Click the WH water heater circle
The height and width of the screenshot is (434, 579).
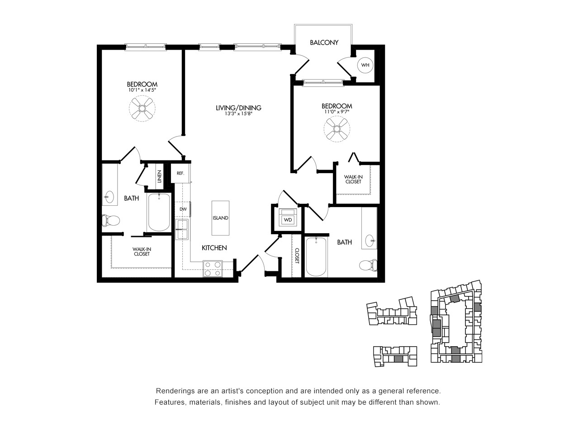(365, 65)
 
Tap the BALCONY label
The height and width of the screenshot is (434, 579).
(324, 42)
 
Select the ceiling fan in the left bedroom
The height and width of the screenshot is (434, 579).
(142, 108)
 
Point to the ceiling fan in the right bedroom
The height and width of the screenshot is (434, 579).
(337, 129)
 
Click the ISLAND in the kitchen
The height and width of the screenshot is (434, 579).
(220, 218)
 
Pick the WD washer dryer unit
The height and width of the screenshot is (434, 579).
(288, 217)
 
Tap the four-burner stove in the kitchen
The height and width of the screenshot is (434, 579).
(213, 269)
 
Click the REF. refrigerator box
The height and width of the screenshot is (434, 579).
(180, 174)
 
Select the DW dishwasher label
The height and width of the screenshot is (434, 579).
(183, 209)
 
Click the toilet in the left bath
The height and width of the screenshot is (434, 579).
(111, 221)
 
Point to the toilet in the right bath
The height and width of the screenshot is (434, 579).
(369, 265)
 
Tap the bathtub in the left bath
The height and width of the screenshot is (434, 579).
(159, 212)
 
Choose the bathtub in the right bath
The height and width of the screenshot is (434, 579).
(316, 257)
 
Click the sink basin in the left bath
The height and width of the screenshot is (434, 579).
(109, 196)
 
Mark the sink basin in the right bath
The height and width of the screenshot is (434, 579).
(371, 241)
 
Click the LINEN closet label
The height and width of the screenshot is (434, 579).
(159, 177)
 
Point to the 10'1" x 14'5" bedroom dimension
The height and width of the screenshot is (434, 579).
(142, 90)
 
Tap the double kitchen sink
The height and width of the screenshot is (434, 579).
(182, 229)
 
